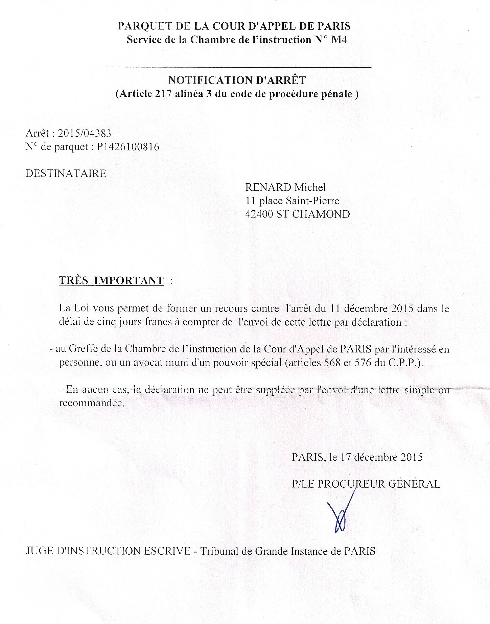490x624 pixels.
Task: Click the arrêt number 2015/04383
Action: pyautogui.click(x=85, y=133)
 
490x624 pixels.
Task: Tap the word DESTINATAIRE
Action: pyautogui.click(x=66, y=174)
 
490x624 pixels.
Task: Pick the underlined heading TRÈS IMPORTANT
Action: pyautogui.click(x=111, y=280)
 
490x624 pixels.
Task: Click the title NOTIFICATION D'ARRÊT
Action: pyautogui.click(x=237, y=80)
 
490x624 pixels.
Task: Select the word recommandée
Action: pyautogui.click(x=91, y=403)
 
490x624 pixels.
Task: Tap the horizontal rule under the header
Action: pyautogui.click(x=238, y=67)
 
